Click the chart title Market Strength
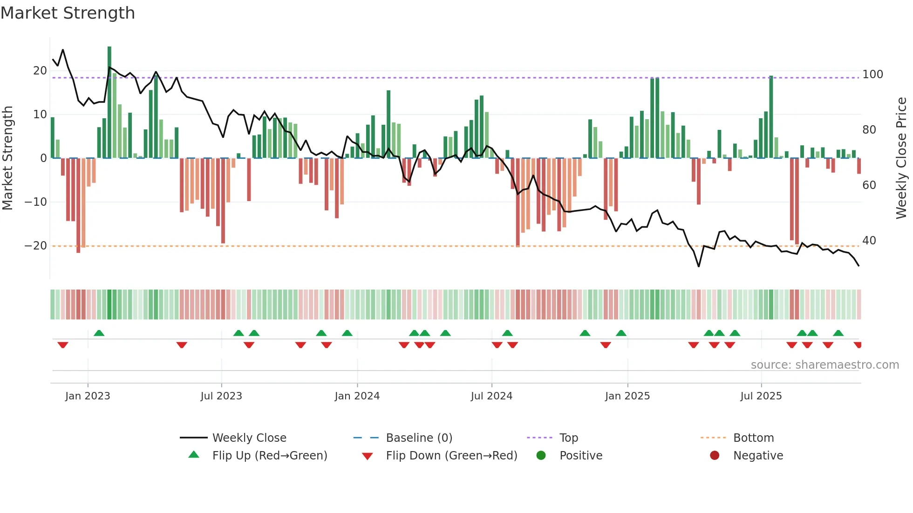(x=68, y=13)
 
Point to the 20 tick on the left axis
(x=40, y=71)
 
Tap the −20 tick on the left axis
(x=36, y=246)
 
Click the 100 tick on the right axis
(x=872, y=74)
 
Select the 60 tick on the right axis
(x=869, y=185)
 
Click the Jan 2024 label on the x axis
(x=357, y=396)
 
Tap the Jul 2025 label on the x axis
(x=761, y=396)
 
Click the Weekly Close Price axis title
(x=901, y=158)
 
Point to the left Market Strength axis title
(x=7, y=158)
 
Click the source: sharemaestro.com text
(x=824, y=365)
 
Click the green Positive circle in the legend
(x=541, y=455)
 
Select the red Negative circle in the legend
(x=715, y=455)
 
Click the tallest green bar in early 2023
(x=109, y=102)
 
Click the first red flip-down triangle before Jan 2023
(x=63, y=345)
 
